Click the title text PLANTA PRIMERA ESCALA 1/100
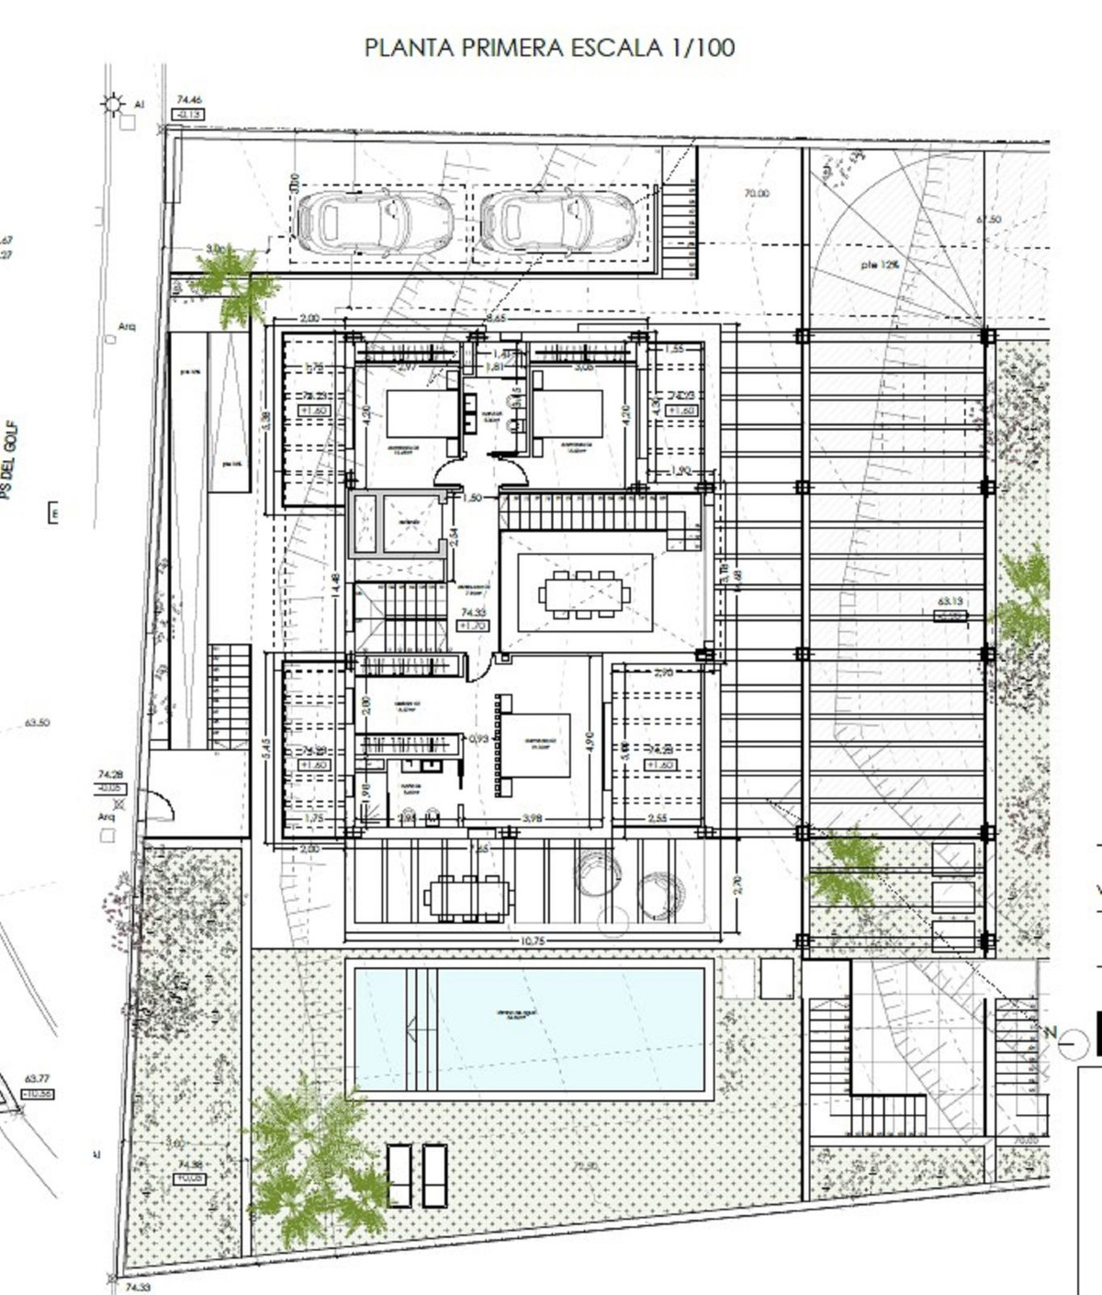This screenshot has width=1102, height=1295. (x=549, y=48)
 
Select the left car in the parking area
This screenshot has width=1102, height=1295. (x=375, y=220)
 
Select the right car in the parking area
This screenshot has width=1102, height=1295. (x=557, y=220)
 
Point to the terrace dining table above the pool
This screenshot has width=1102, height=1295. (x=467, y=896)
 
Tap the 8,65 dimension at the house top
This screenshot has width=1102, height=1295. (x=496, y=319)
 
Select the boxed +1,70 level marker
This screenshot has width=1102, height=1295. (x=473, y=625)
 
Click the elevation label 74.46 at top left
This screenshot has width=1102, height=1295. (x=189, y=100)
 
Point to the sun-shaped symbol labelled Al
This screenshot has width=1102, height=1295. (x=113, y=104)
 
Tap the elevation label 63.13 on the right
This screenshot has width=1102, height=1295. (x=950, y=602)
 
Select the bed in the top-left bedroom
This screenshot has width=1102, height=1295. (x=422, y=413)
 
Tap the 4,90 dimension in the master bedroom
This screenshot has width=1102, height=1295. (x=590, y=742)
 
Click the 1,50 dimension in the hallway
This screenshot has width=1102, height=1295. (x=473, y=499)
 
